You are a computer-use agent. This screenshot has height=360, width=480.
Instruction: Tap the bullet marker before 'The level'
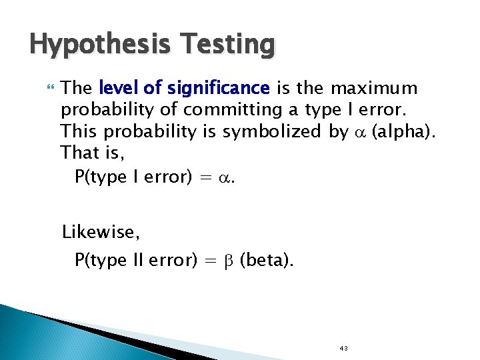click(46, 87)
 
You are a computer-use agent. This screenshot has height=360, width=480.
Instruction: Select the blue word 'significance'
click(219, 88)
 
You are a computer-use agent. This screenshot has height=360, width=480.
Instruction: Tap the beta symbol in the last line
click(227, 260)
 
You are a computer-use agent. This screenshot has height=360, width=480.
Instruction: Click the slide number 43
click(344, 348)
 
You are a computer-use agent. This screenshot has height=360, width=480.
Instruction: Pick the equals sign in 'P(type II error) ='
click(210, 261)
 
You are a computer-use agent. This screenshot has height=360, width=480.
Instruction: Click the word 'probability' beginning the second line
click(103, 110)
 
